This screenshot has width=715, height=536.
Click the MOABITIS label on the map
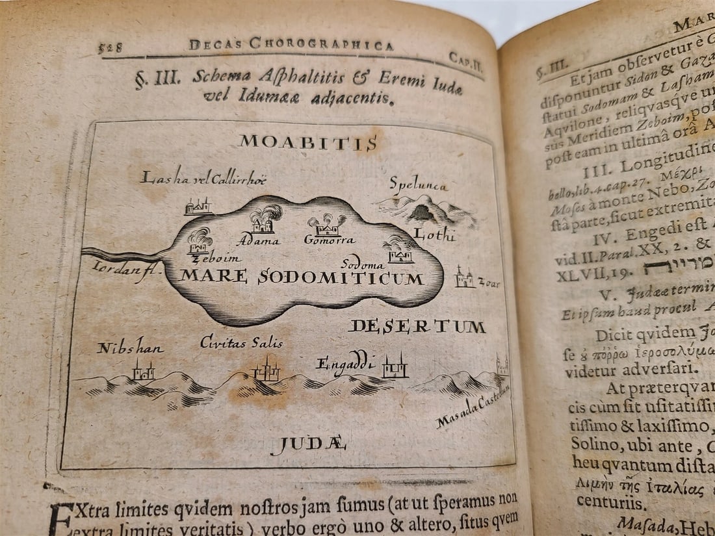307,142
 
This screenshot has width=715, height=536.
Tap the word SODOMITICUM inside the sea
341,278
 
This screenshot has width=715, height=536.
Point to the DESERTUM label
417,326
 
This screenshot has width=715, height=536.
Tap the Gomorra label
329,240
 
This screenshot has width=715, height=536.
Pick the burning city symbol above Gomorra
327,225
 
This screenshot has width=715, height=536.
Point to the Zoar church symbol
464,277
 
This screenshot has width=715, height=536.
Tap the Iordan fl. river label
117,267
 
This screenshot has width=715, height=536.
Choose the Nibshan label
130,348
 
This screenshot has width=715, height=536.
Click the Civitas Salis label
241,342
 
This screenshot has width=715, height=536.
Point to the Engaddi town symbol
395,367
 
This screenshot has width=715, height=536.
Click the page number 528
110,47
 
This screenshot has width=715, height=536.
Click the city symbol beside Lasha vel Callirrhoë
198,207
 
